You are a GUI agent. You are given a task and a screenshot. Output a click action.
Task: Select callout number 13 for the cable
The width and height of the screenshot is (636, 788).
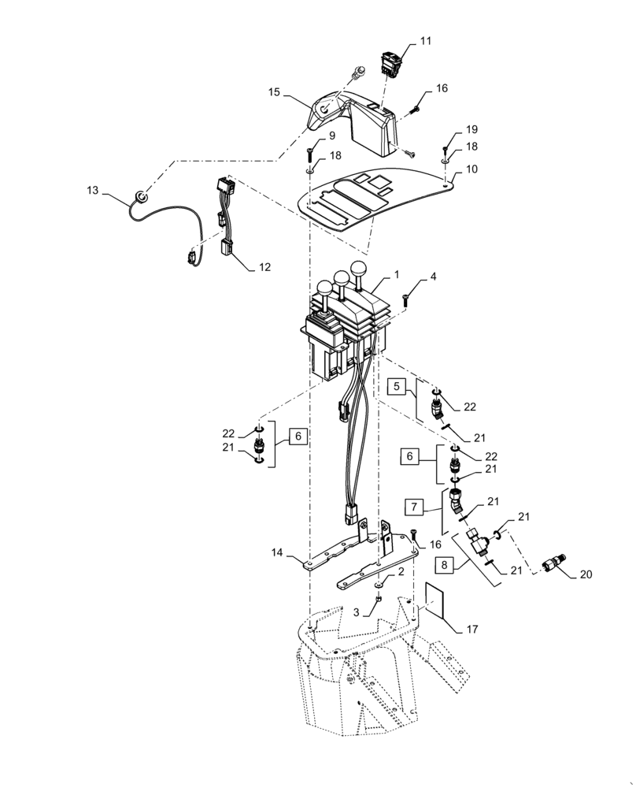click(93, 191)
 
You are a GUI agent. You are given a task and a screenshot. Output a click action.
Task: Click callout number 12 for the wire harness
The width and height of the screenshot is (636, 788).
click(265, 267)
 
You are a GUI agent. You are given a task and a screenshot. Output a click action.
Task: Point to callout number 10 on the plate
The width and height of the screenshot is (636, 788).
click(471, 169)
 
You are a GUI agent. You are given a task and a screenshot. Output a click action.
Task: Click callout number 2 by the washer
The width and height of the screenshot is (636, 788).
click(401, 571)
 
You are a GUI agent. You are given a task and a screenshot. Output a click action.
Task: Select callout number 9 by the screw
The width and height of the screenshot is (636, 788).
click(321, 136)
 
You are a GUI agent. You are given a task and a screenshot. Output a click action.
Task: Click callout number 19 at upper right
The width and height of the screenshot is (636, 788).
click(471, 128)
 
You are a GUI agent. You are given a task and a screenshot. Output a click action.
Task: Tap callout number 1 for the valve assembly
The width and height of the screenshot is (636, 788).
click(397, 275)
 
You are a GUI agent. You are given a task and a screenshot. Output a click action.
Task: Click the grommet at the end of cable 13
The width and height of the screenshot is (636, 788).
click(140, 195)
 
